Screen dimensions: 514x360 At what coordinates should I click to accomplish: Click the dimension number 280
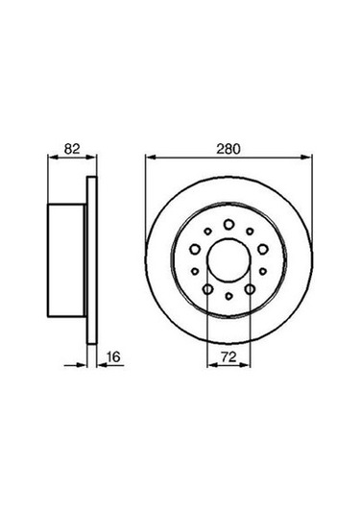228,149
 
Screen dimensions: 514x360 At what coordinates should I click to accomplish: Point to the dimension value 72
228,356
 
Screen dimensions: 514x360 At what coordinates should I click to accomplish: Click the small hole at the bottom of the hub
228,298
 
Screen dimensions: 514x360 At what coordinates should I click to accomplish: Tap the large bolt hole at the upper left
195,248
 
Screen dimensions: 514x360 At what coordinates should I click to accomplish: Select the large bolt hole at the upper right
262,248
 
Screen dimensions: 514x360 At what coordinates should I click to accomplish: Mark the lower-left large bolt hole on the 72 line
207,288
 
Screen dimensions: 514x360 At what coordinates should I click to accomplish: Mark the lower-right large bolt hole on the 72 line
250,288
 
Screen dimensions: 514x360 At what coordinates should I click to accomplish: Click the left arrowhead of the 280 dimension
150,159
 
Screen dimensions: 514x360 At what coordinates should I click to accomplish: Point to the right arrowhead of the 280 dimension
307,159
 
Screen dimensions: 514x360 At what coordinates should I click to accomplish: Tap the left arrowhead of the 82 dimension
50,159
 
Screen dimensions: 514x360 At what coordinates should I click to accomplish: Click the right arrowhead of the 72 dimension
247,365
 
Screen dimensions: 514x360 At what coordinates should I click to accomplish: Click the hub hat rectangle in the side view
66,259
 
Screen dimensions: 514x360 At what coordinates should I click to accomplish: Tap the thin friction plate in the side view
93,259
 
